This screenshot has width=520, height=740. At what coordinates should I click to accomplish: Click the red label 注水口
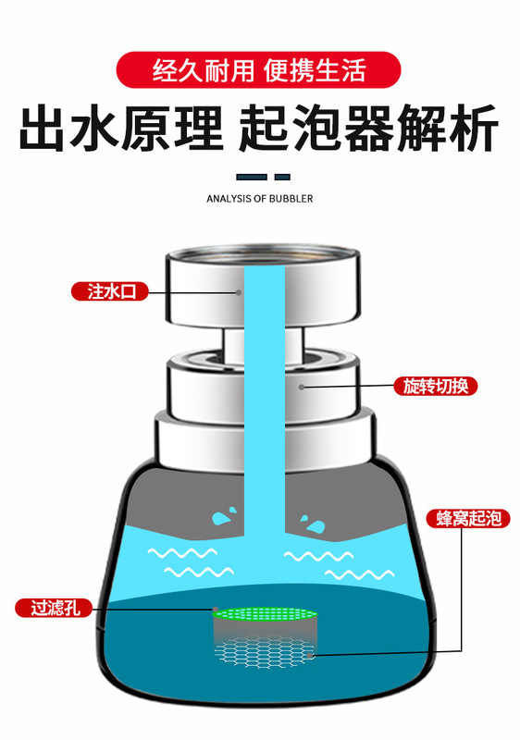pyautogui.click(x=109, y=291)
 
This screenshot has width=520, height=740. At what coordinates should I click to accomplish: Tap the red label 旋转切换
pyautogui.click(x=436, y=386)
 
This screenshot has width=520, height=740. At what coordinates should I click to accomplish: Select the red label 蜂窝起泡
pyautogui.click(x=468, y=518)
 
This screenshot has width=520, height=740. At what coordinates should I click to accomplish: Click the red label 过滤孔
pyautogui.click(x=55, y=608)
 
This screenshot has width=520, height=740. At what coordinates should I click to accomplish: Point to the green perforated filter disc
pyautogui.click(x=265, y=614)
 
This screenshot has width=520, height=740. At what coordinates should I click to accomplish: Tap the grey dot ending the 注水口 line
pyautogui.click(x=239, y=292)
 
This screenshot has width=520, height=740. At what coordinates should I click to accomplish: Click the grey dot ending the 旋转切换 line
pyautogui.click(x=302, y=387)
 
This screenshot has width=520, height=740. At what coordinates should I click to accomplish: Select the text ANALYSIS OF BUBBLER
pyautogui.click(x=259, y=199)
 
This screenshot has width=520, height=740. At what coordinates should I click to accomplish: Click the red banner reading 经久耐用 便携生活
pyautogui.click(x=258, y=70)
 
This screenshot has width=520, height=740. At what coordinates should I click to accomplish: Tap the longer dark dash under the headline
pyautogui.click(x=252, y=177)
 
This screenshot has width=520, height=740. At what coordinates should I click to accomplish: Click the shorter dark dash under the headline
pyautogui.click(x=282, y=177)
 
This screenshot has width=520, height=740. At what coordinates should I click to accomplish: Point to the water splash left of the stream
pyautogui.click(x=225, y=516)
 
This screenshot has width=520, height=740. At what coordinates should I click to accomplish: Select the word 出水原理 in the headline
pyautogui.click(x=121, y=129)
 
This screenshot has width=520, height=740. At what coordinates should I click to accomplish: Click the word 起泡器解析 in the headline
pyautogui.click(x=369, y=129)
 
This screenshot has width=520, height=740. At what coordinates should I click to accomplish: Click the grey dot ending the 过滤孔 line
pyautogui.click(x=216, y=609)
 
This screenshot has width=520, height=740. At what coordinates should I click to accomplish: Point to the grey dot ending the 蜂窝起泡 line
pyautogui.click(x=310, y=655)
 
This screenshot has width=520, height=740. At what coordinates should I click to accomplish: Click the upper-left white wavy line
pyautogui.click(x=182, y=552)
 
